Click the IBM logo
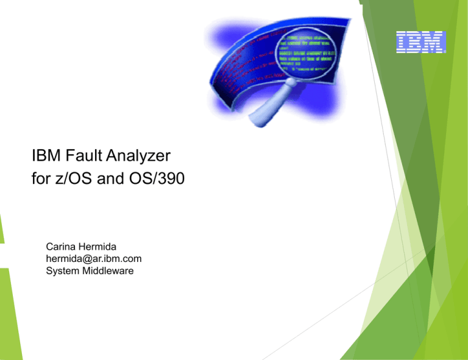coord(420,42)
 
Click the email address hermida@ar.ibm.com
coord(94,259)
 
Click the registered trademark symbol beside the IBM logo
coord(445,52)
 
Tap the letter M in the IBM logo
coord(435,42)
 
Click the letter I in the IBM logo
coord(403,42)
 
